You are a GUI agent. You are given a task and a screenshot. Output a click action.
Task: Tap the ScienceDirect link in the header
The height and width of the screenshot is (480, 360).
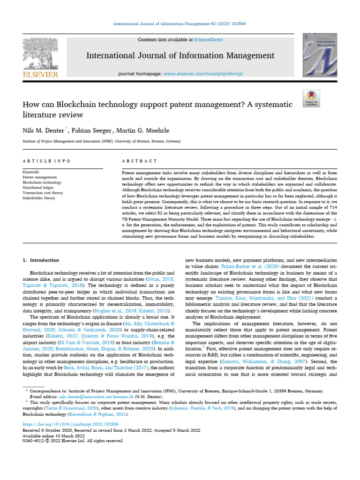(210, 40)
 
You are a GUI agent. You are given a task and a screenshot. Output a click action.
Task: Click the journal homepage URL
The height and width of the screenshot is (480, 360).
(203, 74)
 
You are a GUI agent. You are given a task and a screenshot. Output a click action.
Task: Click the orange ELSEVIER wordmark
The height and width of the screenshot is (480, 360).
(39, 75)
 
